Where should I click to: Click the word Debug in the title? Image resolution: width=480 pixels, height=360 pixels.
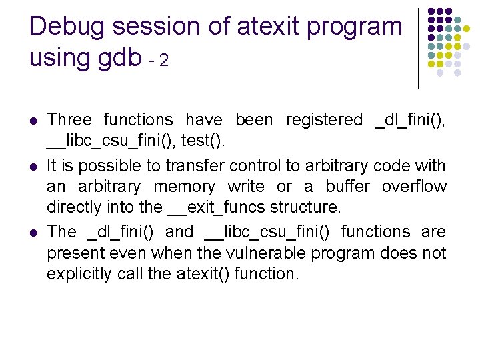point(68,27)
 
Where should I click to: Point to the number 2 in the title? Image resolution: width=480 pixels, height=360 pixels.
point(163,61)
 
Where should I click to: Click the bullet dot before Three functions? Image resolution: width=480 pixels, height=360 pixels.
point(33,121)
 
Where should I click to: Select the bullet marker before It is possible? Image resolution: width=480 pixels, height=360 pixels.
point(33,165)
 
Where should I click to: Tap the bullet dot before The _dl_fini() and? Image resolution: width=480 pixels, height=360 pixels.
point(33,233)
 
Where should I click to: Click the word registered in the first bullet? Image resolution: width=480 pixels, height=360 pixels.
point(323,120)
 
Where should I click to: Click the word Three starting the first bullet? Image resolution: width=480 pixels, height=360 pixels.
point(69,120)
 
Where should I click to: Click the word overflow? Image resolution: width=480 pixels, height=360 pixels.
point(413,187)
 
